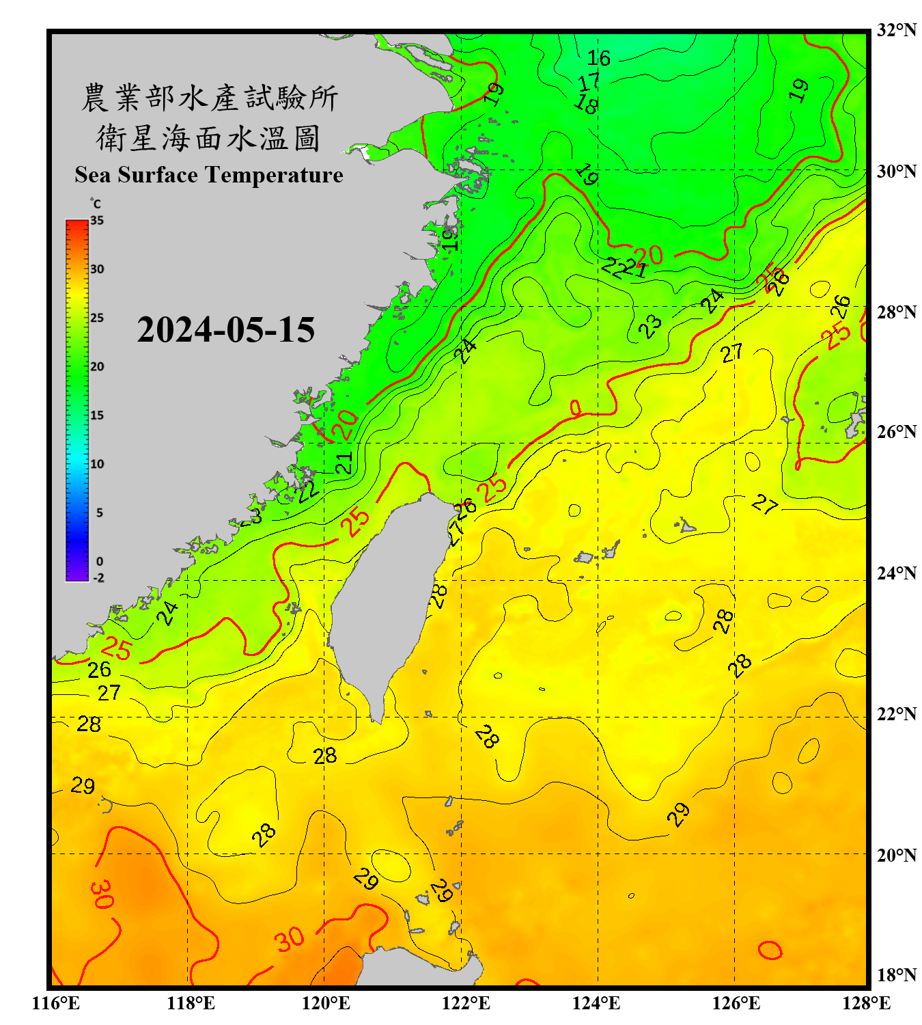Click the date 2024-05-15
click(x=225, y=330)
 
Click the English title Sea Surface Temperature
click(x=209, y=175)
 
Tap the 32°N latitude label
click(x=896, y=30)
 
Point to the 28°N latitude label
click(x=896, y=312)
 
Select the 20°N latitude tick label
click(x=896, y=855)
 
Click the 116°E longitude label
click(x=56, y=1003)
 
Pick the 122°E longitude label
click(x=466, y=1003)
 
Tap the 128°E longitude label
click(x=866, y=1003)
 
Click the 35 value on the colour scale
click(x=97, y=221)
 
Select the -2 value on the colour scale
click(x=98, y=578)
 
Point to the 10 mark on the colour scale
click(x=97, y=464)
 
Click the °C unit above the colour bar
click(x=96, y=204)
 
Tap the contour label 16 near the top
click(x=599, y=58)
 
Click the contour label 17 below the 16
click(x=589, y=83)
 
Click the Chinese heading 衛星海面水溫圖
click(x=208, y=138)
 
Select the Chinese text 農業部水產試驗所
click(x=210, y=98)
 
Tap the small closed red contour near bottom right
click(x=770, y=950)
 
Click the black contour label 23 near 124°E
click(x=650, y=326)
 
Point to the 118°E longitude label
click(x=191, y=1003)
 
